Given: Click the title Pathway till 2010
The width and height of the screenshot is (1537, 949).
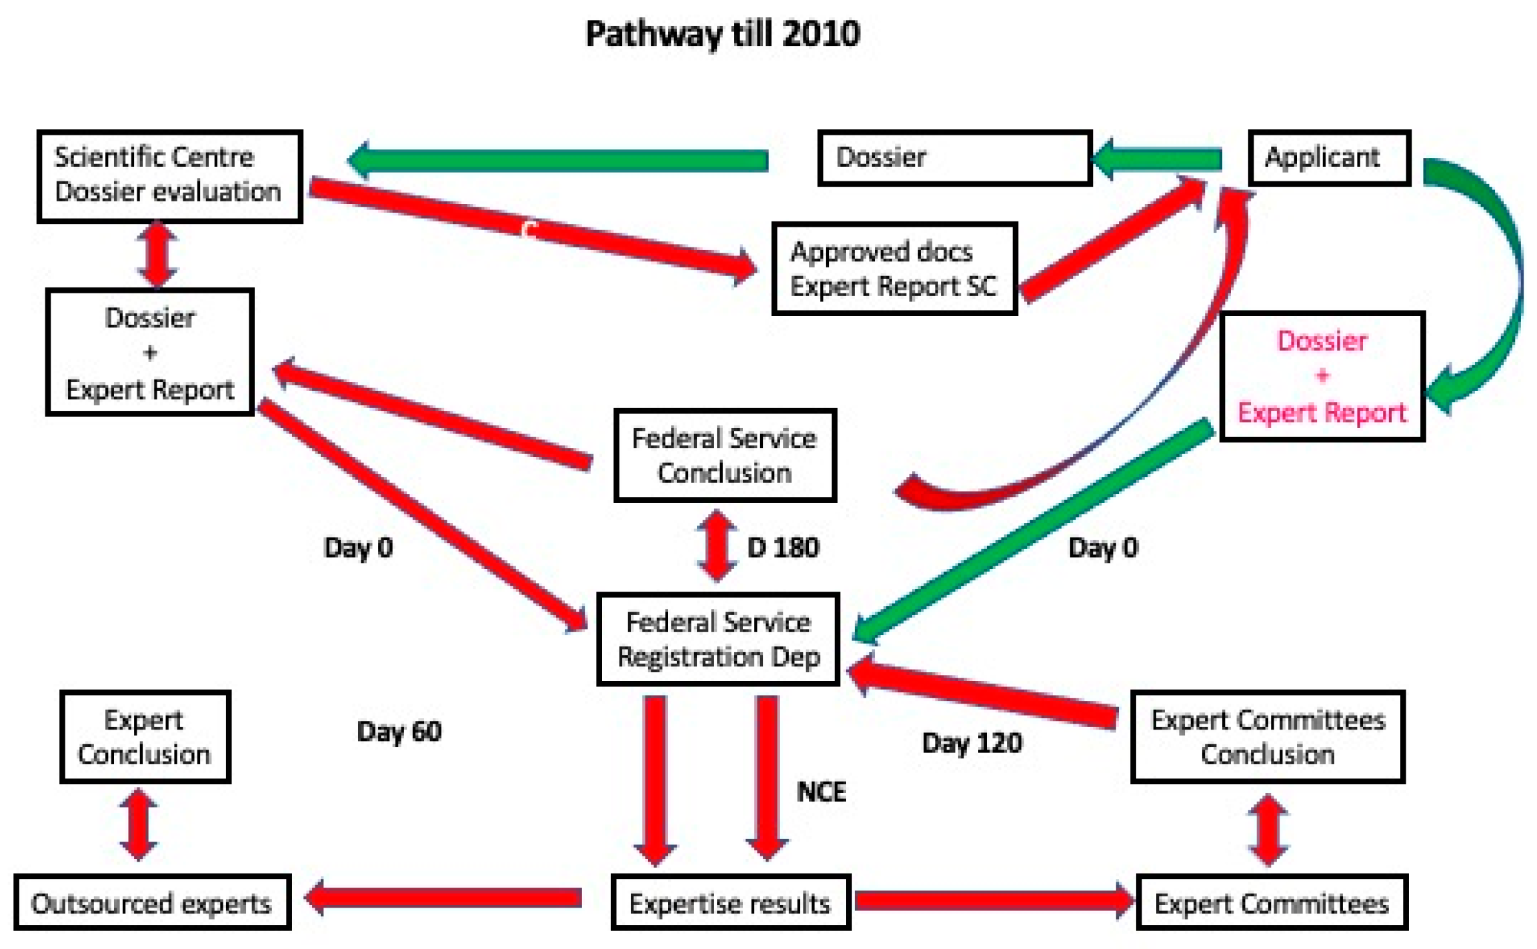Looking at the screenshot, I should pyautogui.click(x=723, y=33).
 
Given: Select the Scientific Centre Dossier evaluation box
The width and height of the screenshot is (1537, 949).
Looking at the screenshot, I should pyautogui.click(x=169, y=176).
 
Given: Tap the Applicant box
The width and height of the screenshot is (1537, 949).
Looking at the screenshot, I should pyautogui.click(x=1329, y=157).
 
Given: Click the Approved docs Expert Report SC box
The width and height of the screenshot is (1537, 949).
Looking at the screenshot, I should pyautogui.click(x=894, y=269).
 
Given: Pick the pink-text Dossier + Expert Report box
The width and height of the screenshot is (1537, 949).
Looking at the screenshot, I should pyautogui.click(x=1322, y=377).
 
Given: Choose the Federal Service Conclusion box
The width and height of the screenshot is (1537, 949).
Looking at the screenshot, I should pyautogui.click(x=725, y=455).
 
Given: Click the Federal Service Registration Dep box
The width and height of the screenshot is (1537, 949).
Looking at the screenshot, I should pyautogui.click(x=718, y=640).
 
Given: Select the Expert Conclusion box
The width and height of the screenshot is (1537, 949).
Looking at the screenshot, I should pyautogui.click(x=145, y=737).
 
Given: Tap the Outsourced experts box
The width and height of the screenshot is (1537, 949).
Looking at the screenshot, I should pyautogui.click(x=152, y=903).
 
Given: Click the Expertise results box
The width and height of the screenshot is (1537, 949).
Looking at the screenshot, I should pyautogui.click(x=730, y=903).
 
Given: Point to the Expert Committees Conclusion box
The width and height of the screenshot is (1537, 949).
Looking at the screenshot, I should pyautogui.click(x=1268, y=737).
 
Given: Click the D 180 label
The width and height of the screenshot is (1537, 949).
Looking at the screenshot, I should pyautogui.click(x=783, y=548).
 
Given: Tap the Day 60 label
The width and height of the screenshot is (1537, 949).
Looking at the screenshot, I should pyautogui.click(x=399, y=732).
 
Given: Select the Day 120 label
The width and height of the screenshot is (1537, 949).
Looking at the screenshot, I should pyautogui.click(x=972, y=743).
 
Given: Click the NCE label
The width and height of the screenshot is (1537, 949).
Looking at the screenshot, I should pyautogui.click(x=821, y=792).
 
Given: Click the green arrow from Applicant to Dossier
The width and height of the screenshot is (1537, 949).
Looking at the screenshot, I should pyautogui.click(x=1160, y=159).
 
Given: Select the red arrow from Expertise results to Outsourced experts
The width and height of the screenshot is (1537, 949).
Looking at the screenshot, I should pyautogui.click(x=443, y=898).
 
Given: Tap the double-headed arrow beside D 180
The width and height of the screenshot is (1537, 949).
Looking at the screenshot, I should pyautogui.click(x=717, y=546).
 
